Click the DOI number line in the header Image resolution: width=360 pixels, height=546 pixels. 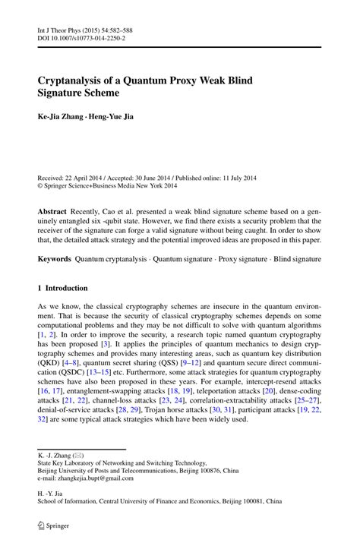point(81,37)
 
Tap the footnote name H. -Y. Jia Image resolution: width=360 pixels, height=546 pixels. point(52,493)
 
